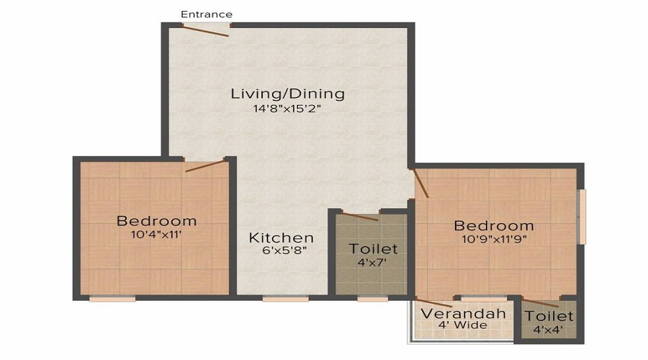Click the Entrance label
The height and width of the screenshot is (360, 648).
pos(207,14)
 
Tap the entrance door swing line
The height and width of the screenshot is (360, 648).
pos(205,30)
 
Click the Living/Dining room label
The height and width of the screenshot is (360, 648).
pos(287,94)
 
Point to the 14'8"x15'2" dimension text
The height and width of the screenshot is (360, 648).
pos(287,109)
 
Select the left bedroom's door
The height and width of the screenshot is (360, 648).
pos(205,165)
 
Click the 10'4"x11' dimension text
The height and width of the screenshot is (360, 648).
pos(157,235)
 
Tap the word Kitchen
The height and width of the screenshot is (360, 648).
pos(282,238)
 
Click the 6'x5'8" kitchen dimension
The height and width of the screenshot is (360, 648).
pos(284,250)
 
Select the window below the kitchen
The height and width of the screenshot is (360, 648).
pos(286,298)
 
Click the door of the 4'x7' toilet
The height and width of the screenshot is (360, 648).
pos(360,217)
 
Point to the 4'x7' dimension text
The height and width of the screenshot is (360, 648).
pos(372,262)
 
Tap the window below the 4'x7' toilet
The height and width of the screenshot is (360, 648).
pos(373,298)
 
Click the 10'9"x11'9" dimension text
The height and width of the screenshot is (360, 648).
pos(494,239)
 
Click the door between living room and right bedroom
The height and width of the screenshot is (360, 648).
pos(420,183)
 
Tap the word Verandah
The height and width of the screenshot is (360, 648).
pos(463,313)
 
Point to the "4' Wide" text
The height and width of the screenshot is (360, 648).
pos(462,325)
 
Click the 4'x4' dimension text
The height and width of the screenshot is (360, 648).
pos(549,330)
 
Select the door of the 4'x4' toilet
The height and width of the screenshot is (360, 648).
pos(541,302)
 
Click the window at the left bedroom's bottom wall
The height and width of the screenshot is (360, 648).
pos(112,298)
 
